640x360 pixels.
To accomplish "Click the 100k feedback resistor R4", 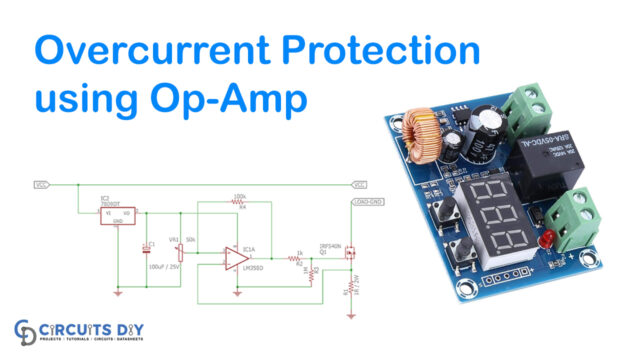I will click(239, 203).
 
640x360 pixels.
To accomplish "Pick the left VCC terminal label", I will click(41, 184).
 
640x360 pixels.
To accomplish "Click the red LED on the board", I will click(544, 239).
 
